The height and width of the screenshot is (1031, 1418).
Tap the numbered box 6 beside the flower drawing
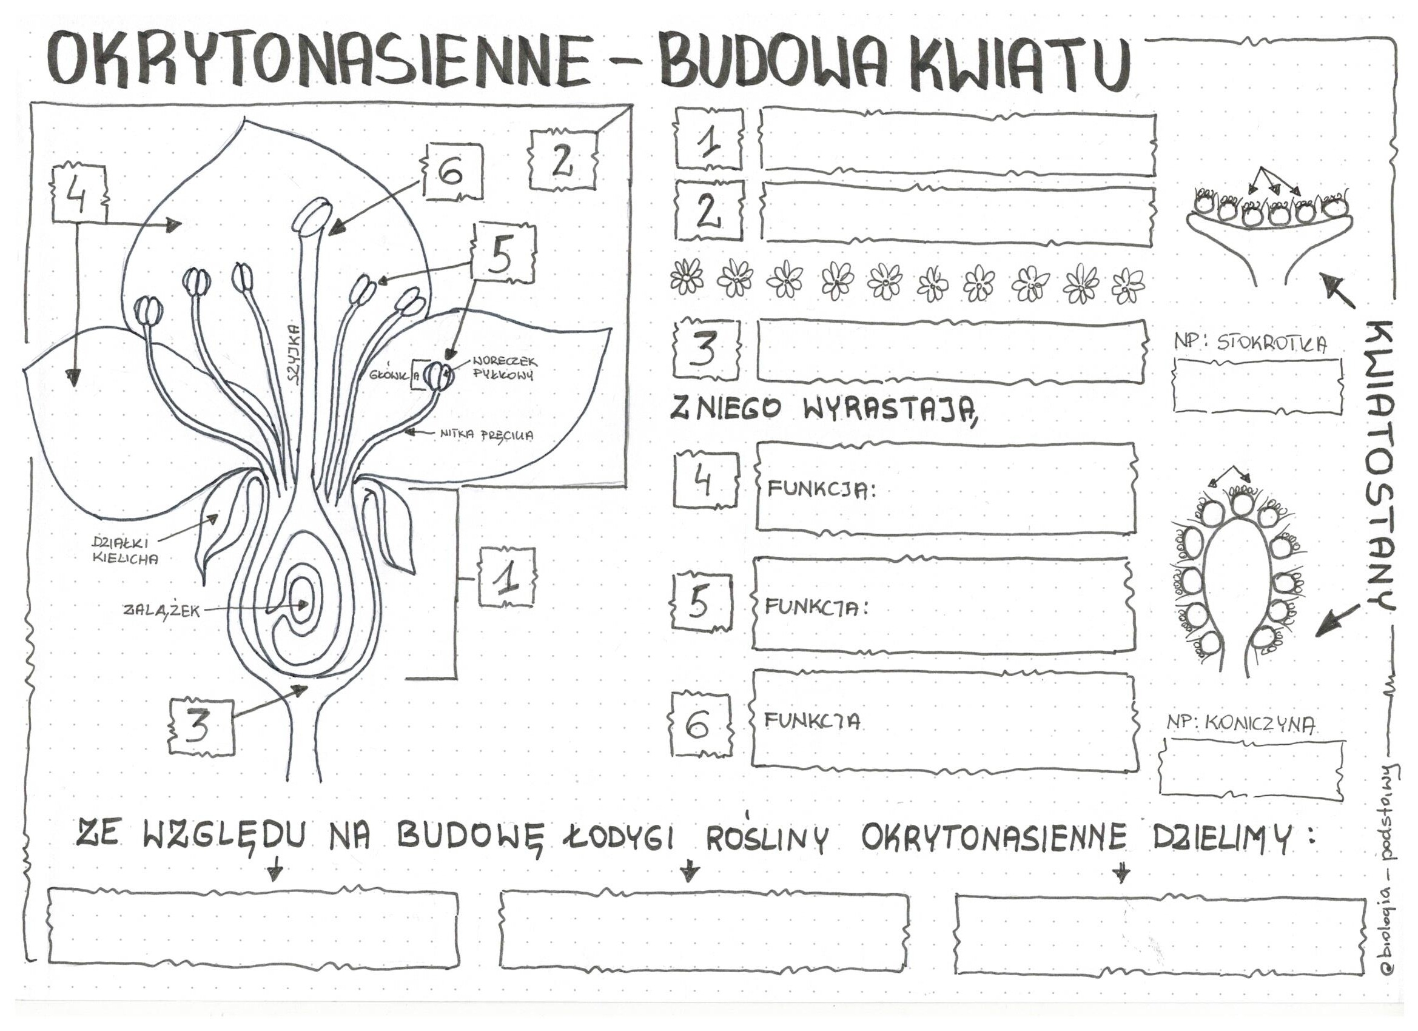454,172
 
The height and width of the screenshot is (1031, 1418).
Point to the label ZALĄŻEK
161,611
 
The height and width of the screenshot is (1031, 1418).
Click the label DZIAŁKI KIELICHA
124,551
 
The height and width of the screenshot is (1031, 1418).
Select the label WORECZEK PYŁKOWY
504,368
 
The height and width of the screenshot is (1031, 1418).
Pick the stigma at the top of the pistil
313,215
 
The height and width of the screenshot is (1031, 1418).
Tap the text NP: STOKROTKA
1251,343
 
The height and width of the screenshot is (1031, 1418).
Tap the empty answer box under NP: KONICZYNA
1251,776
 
